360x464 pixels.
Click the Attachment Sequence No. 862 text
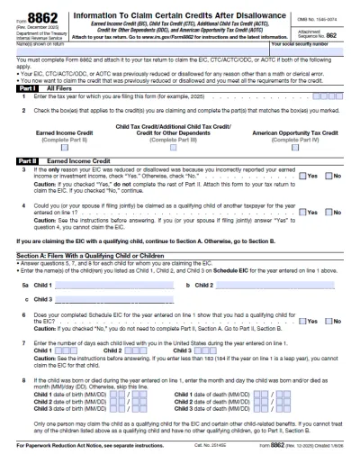tap(321, 31)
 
